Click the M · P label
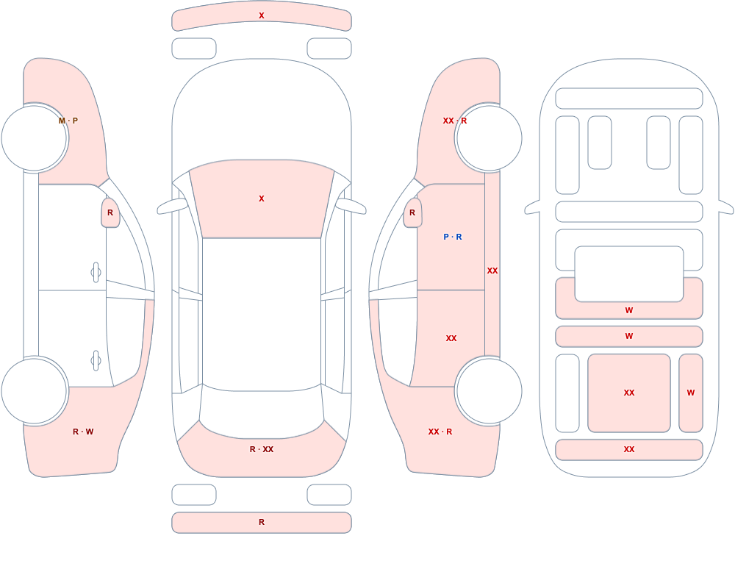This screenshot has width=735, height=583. [68, 121]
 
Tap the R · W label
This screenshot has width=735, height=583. [83, 432]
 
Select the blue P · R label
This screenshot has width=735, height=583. [452, 237]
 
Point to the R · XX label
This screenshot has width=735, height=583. [262, 449]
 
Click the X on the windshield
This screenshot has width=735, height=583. [262, 199]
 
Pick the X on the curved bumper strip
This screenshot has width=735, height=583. [262, 16]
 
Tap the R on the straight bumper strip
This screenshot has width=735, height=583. [262, 522]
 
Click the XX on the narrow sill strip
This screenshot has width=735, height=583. [492, 271]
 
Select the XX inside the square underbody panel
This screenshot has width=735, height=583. [629, 393]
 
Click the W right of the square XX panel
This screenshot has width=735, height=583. [691, 393]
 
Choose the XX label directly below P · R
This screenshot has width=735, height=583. [451, 338]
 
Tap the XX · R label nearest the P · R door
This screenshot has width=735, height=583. [455, 121]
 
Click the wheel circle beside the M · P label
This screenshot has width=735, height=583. [35, 138]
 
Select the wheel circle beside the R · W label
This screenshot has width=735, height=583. [35, 390]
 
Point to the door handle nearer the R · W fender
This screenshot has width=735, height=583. [96, 361]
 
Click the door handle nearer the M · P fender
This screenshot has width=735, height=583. [96, 273]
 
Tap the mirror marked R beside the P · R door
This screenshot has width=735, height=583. [412, 212]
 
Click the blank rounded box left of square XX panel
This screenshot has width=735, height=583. [567, 393]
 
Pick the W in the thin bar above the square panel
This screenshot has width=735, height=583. [629, 336]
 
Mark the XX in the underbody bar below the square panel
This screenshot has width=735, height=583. [629, 449]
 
